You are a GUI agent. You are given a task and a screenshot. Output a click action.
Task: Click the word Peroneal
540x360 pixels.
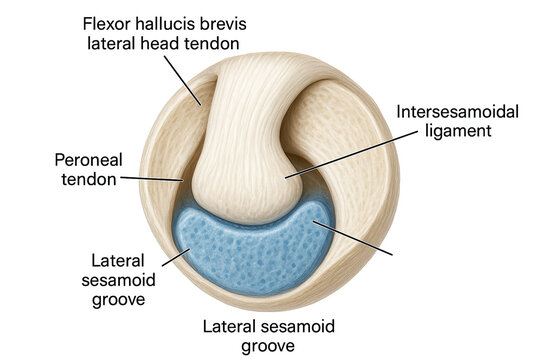tap(87, 159)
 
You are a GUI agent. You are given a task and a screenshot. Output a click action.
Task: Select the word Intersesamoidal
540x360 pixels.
tap(457, 111)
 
